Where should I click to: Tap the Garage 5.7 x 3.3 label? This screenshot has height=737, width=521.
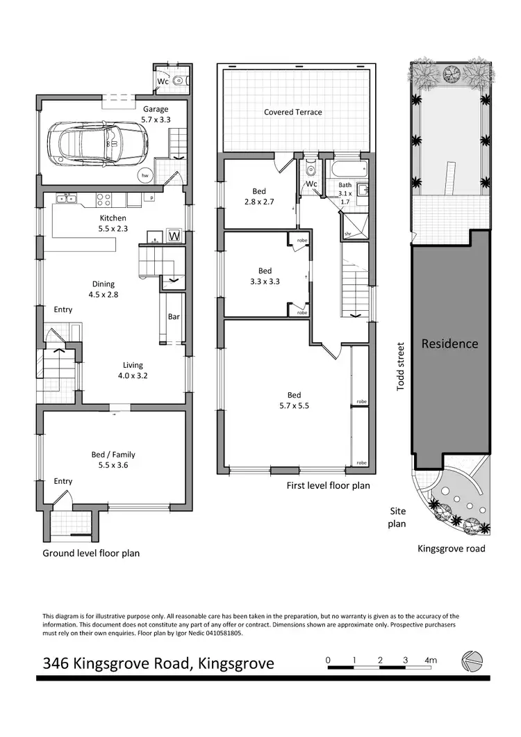[x=156, y=115]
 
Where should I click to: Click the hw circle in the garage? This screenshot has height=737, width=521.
[x=145, y=176]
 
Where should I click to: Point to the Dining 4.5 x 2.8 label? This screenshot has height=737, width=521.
[x=104, y=289]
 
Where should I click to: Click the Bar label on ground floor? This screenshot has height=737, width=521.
[x=173, y=317]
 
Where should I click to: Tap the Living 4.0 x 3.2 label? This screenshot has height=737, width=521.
[x=133, y=370]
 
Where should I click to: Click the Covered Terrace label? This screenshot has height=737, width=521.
[x=292, y=112]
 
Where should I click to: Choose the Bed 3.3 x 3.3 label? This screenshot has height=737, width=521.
[x=265, y=276]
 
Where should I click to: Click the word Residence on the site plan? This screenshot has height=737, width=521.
[x=449, y=343]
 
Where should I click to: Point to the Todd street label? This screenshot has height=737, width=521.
[x=400, y=366]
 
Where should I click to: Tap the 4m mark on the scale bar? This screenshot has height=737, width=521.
[x=431, y=660]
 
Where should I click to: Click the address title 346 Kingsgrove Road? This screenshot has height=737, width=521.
[x=158, y=663]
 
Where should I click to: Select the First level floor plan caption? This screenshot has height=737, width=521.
[x=328, y=486]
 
